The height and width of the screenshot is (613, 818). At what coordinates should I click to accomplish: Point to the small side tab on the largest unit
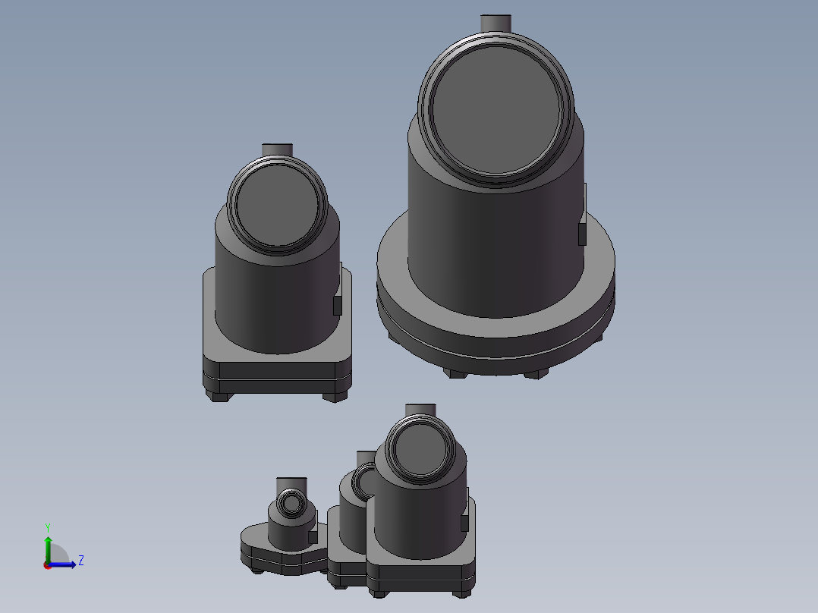pos(582,233)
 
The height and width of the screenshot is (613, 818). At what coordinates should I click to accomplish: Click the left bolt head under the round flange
pos(455,373)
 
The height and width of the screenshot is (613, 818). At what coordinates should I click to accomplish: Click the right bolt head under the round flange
pos(534,373)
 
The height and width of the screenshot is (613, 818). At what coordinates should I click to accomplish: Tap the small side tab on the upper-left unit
pos(337,305)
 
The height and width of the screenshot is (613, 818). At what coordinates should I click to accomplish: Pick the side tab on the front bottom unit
pos(464,523)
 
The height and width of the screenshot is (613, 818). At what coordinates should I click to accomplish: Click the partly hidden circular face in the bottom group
pos(363,481)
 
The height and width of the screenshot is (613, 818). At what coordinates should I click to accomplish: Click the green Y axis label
pos(47,527)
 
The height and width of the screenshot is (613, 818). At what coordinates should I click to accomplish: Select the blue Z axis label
pos(80,561)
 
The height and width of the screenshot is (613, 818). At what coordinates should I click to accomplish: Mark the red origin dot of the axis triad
pos(47,564)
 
